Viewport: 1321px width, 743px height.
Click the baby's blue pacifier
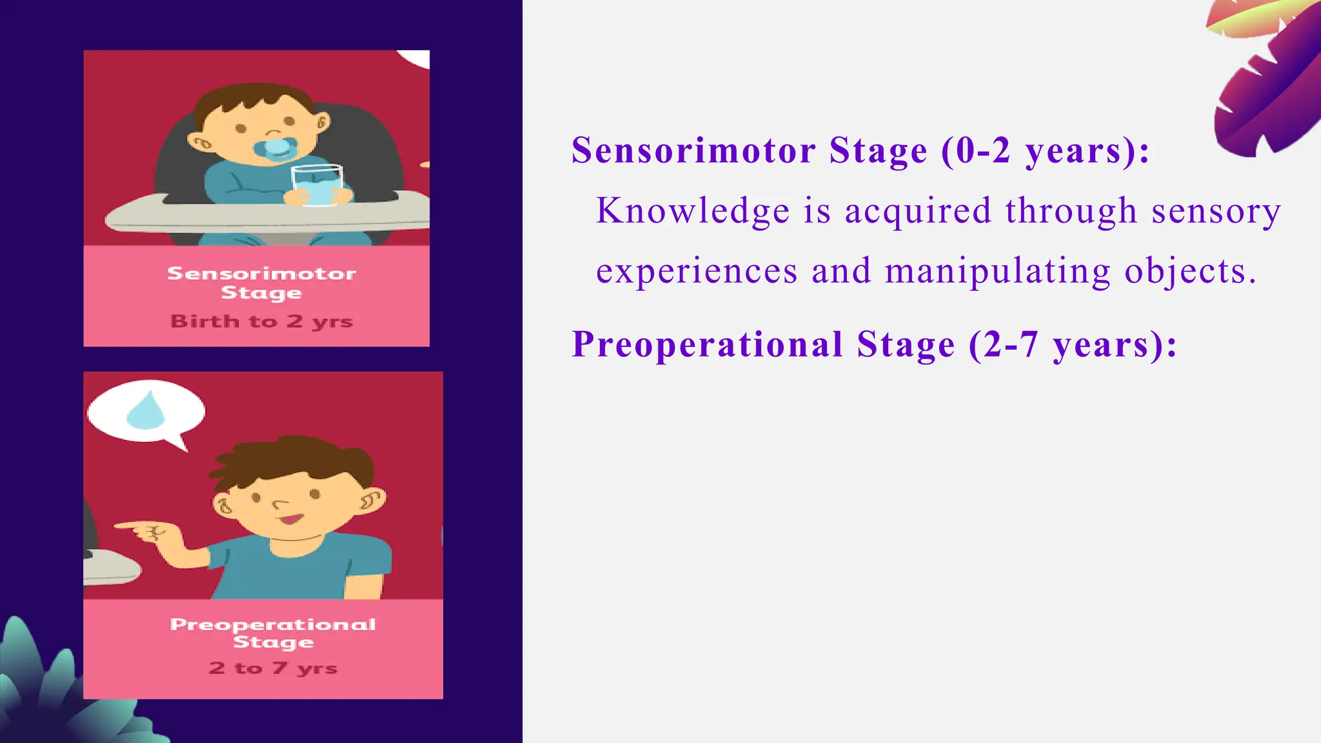[276, 148]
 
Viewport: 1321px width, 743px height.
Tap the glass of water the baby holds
[317, 185]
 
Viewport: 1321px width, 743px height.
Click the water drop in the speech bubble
[146, 411]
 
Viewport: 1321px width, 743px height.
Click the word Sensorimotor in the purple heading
[694, 150]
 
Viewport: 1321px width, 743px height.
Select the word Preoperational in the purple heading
[708, 344]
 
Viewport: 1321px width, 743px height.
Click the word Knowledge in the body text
[693, 211]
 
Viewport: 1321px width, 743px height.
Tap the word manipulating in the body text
[998, 271]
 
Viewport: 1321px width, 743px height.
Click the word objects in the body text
[1190, 271]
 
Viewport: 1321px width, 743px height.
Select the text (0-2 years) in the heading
[1046, 150]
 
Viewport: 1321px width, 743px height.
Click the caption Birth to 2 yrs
[261, 321]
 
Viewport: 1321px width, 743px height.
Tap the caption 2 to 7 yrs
[273, 668]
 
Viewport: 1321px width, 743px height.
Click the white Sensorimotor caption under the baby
[261, 273]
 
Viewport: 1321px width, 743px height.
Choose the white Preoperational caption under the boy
[273, 624]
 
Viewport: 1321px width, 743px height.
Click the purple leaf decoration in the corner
[1267, 84]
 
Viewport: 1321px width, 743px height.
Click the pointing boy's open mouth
[291, 519]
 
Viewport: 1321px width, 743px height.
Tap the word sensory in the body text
[1216, 211]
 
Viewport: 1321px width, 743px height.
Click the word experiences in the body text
[697, 271]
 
